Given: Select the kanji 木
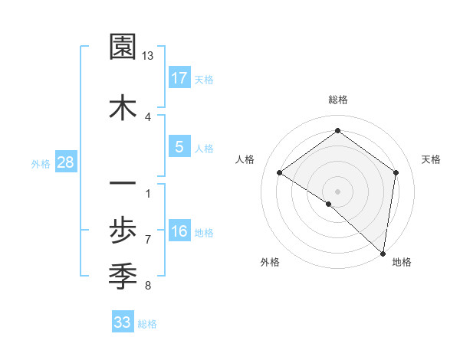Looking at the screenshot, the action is click(x=123, y=107).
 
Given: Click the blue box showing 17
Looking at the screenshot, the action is click(x=179, y=78).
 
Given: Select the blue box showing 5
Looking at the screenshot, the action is click(x=179, y=147).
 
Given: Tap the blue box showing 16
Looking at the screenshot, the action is click(x=179, y=232).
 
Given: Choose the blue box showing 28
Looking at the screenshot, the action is click(x=65, y=162).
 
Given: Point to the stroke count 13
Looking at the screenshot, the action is click(x=147, y=56).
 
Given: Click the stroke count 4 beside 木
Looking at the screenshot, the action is click(x=147, y=116).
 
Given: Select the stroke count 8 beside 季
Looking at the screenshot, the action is click(x=147, y=286).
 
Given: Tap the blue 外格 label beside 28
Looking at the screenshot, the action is click(x=41, y=163).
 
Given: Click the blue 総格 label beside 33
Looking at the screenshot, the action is click(x=147, y=324).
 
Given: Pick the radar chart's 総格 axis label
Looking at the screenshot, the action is click(x=337, y=100).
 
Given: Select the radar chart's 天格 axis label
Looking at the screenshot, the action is click(x=431, y=159).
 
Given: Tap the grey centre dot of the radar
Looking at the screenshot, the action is click(x=337, y=191).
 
